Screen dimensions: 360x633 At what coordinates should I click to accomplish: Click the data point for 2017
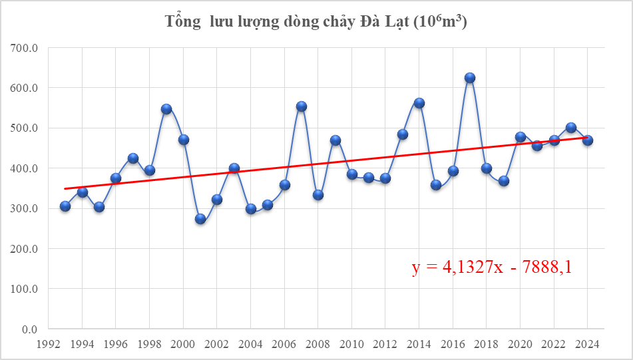[470, 78]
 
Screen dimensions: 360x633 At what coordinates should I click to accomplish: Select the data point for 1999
[166, 109]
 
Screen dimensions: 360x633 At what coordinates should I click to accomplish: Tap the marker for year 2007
[302, 106]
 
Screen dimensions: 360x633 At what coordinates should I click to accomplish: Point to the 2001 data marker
[200, 219]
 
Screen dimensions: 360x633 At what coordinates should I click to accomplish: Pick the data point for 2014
[419, 103]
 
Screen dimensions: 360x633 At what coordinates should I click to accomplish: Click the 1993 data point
[65, 206]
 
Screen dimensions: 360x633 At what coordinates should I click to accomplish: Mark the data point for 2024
[588, 140]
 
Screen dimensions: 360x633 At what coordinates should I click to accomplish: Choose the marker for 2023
[571, 128]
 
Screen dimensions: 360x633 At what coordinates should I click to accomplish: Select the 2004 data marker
[251, 209]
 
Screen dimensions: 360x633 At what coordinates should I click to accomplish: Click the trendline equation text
[492, 268]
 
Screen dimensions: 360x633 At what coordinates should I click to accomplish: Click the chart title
[316, 22]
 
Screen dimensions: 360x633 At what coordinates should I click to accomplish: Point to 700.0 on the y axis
[26, 48]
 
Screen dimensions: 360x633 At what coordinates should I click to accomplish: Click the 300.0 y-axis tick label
[26, 209]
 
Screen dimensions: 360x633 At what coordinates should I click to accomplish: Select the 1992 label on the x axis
[49, 345]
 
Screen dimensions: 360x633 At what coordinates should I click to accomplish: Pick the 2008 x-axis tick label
[318, 345]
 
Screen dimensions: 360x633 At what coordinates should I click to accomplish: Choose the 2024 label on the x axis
[588, 345]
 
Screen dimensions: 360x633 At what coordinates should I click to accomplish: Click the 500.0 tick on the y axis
[26, 128]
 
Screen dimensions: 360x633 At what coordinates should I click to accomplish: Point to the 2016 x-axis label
[453, 345]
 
